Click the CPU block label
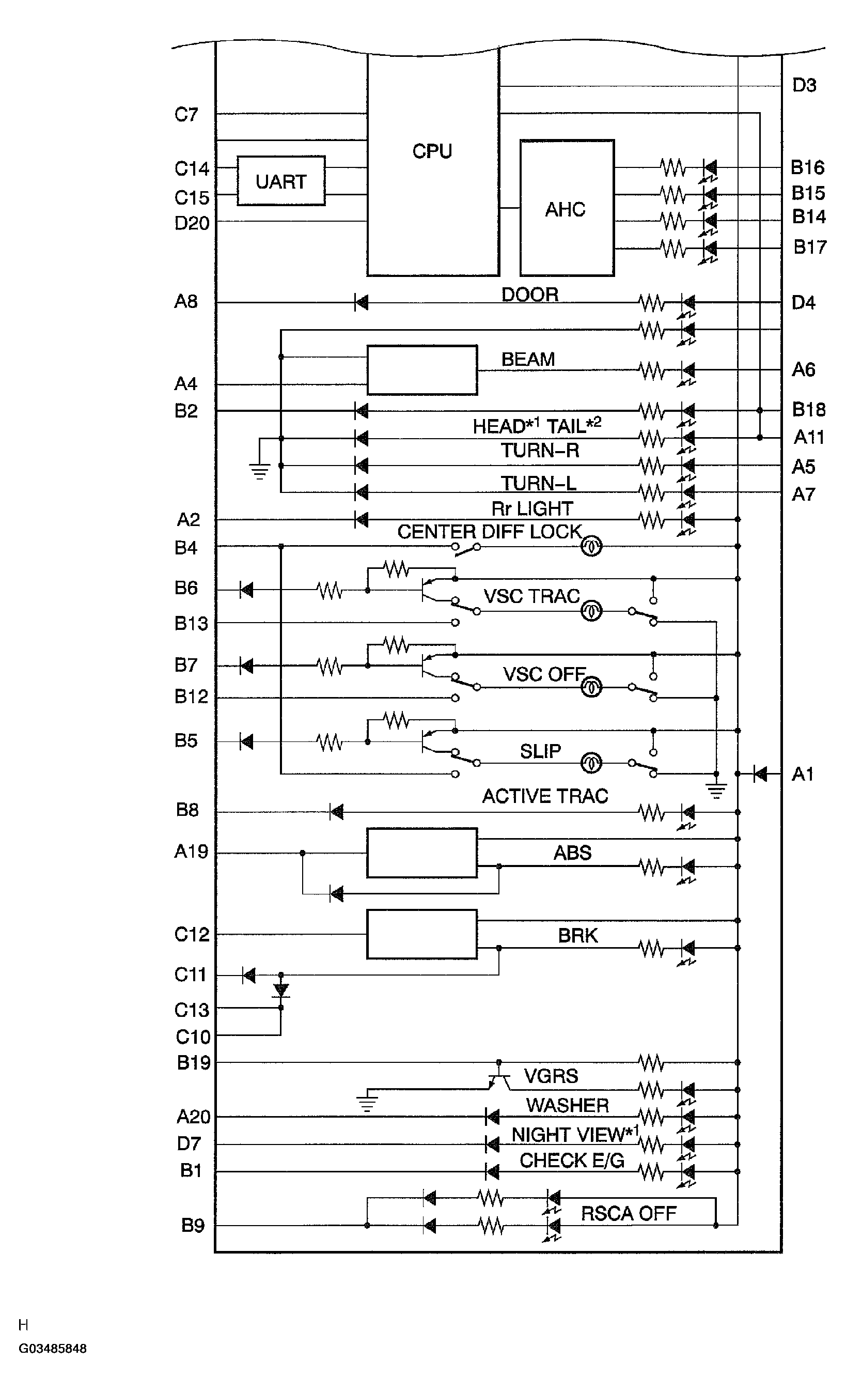tap(432, 151)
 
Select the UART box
tap(280, 181)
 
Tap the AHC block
tap(566, 208)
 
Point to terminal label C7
tap(186, 115)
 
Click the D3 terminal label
tap(804, 85)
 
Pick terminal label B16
tap(808, 167)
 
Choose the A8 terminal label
tap(186, 302)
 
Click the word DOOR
tap(530, 295)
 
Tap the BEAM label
tap(528, 359)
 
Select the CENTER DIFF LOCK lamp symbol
tap(592, 546)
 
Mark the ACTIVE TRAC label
tap(545, 796)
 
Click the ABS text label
tap(572, 853)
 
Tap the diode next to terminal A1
tap(760, 774)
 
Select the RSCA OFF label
tap(629, 1213)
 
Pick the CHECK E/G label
tap(572, 1161)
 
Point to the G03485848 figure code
tap(53, 1349)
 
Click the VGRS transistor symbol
tap(498, 1079)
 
